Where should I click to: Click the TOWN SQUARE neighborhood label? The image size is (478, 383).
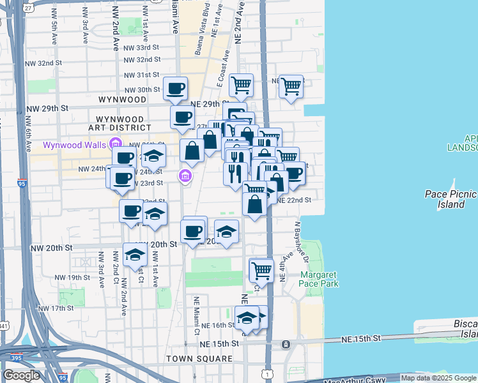pos(199,359)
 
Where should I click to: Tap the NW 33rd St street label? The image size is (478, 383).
pos(141,48)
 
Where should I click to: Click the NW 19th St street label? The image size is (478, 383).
pos(72,278)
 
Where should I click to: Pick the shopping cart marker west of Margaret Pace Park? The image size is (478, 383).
pos(261,271)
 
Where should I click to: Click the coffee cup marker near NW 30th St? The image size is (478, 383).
pos(175,89)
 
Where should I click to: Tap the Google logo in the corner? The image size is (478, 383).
pos(21,375)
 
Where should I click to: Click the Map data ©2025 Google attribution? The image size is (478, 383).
pos(438,378)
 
